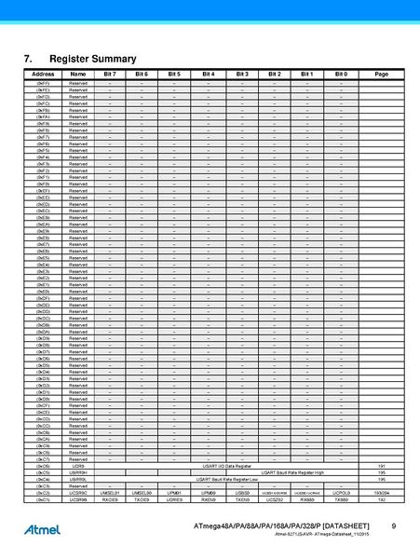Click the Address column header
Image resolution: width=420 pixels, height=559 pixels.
[x=43, y=74]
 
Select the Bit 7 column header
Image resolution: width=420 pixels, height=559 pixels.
[x=110, y=74]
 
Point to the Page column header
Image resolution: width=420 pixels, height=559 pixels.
[x=381, y=74]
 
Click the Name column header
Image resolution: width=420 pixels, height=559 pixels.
[x=78, y=74]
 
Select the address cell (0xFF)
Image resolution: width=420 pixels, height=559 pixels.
[x=43, y=83]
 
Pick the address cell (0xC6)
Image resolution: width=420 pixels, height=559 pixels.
[x=43, y=466]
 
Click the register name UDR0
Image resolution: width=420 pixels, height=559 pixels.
[x=78, y=466]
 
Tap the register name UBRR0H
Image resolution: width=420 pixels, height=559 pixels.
[x=78, y=472]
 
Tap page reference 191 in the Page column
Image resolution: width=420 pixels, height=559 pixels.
[x=381, y=466]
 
